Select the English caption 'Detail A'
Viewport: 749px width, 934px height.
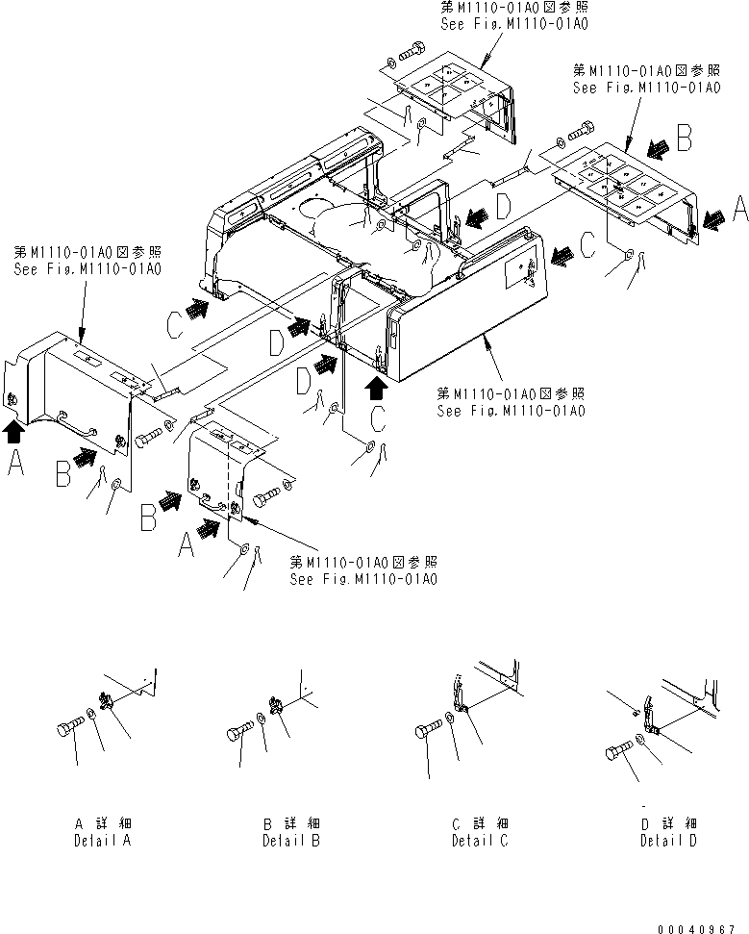tap(102, 841)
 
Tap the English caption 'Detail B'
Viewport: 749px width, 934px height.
tap(291, 841)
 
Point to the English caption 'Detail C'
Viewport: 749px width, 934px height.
tap(480, 841)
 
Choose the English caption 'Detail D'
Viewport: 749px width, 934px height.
tap(669, 841)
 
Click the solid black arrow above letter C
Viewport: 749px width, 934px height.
tap(377, 388)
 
